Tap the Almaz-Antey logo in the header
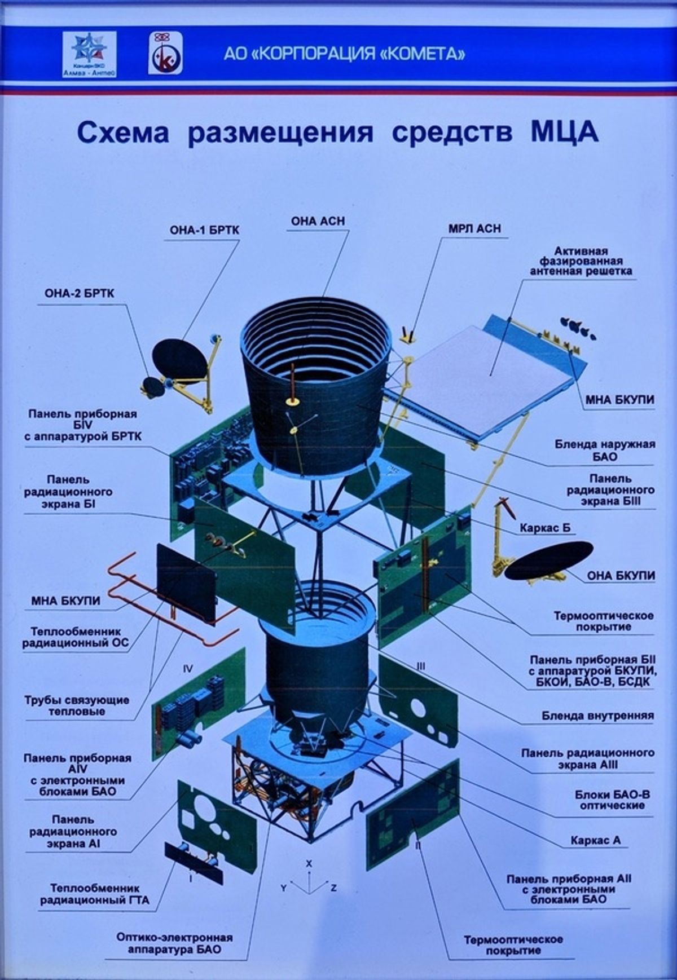click(89, 54)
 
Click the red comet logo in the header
click(165, 53)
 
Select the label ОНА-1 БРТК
click(204, 231)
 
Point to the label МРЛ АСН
click(474, 229)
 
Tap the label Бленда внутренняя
click(597, 716)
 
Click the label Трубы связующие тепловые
click(76, 705)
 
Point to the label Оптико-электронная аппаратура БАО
click(174, 943)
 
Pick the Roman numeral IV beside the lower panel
click(188, 669)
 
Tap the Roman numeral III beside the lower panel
click(421, 666)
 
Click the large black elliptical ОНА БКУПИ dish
click(548, 560)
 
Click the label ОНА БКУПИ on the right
click(621, 576)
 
